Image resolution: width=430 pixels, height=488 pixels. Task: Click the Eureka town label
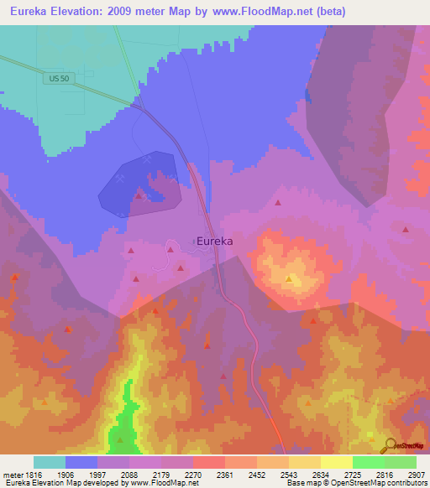point(214,241)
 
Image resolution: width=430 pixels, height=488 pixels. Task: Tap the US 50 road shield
point(58,78)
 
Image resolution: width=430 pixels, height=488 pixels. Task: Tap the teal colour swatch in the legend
point(50,462)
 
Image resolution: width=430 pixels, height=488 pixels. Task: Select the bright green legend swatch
point(369,462)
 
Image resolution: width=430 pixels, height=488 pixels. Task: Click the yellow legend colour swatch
point(337,462)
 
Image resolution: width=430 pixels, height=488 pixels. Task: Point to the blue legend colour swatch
point(81,462)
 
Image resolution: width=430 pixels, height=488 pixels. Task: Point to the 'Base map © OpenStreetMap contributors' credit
point(356,484)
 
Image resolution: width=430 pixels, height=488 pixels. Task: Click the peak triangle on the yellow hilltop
point(289,278)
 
